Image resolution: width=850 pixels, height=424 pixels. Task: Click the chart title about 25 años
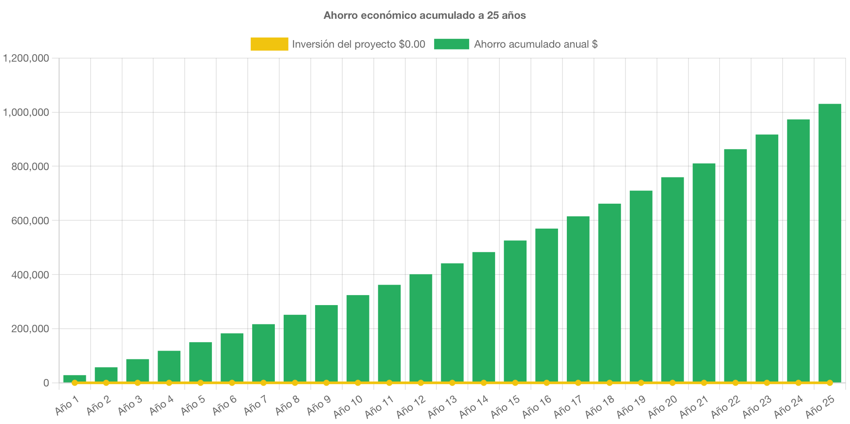425,15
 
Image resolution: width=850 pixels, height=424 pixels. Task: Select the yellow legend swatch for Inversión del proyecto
269,44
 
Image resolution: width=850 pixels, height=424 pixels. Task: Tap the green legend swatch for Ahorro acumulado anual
451,44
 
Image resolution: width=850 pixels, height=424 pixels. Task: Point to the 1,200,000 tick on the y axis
26,58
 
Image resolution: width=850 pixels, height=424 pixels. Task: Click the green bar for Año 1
74,378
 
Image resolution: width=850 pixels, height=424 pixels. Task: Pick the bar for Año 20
672,280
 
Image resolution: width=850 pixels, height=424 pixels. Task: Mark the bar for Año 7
263,353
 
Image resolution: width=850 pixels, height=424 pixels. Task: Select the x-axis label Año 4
162,406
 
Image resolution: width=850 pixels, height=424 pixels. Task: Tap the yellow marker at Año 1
74,383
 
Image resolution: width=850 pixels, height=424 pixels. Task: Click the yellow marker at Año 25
829,383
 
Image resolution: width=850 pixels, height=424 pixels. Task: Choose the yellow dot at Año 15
515,383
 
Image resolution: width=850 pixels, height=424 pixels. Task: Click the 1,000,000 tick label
26,112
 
